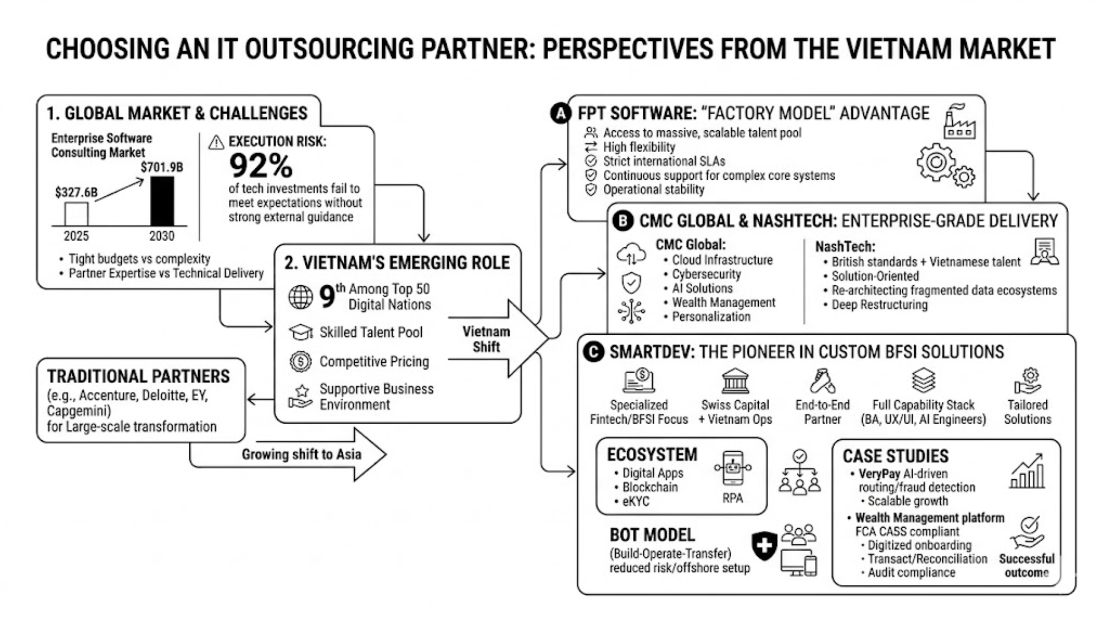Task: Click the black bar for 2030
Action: pyautogui.click(x=162, y=201)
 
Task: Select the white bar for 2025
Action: pyautogui.click(x=76, y=214)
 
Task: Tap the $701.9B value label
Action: pyautogui.click(x=162, y=167)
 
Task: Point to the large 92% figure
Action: pyautogui.click(x=261, y=166)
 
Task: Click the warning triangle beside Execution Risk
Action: pyautogui.click(x=216, y=142)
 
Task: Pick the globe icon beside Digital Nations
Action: pyautogui.click(x=300, y=297)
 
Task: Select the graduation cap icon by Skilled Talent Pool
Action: pyautogui.click(x=300, y=332)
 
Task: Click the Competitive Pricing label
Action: pyautogui.click(x=374, y=362)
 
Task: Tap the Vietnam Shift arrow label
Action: pyautogui.click(x=486, y=339)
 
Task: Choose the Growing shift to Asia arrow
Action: pyautogui.click(x=301, y=454)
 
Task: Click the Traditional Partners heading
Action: pyautogui.click(x=138, y=377)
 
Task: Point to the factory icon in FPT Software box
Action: pyautogui.click(x=959, y=122)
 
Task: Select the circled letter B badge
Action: pyautogui.click(x=623, y=221)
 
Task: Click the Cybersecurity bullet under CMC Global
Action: pyautogui.click(x=706, y=274)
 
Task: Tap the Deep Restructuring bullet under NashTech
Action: pyautogui.click(x=879, y=305)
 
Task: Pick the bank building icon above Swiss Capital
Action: pyautogui.click(x=735, y=381)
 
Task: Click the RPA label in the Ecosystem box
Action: pyautogui.click(x=732, y=498)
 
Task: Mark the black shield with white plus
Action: pyautogui.click(x=765, y=545)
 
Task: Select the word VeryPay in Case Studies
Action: pyautogui.click(x=879, y=474)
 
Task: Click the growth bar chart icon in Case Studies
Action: pyautogui.click(x=1027, y=472)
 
